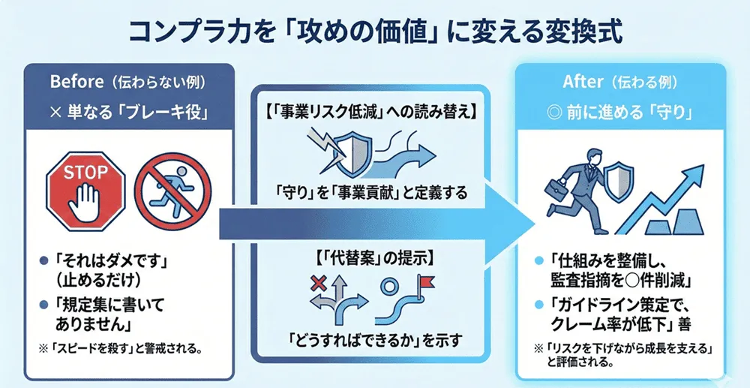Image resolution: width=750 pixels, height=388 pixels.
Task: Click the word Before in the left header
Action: tap(70, 81)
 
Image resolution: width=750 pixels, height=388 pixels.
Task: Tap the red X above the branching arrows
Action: tap(317, 282)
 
